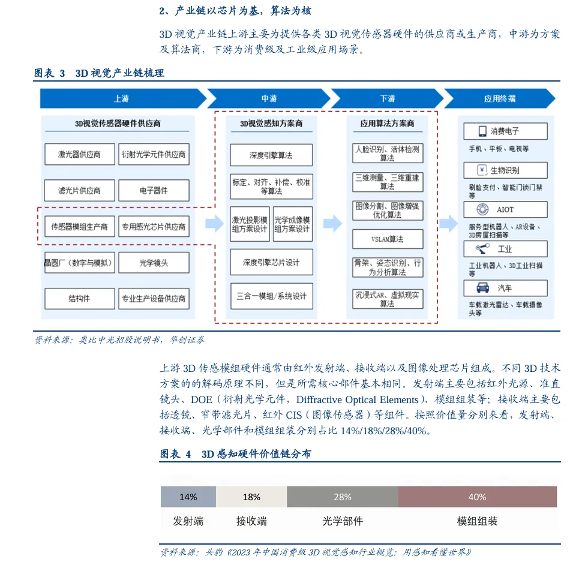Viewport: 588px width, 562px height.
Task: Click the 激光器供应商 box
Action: (79, 154)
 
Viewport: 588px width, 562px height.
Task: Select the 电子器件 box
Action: (154, 191)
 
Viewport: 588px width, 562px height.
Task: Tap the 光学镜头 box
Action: (154, 263)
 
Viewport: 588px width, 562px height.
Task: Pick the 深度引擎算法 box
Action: (271, 155)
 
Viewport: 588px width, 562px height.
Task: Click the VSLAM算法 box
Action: (387, 239)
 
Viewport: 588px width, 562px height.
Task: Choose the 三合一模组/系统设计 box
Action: (271, 296)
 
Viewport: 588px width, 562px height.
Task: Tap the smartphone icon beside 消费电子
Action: (481, 131)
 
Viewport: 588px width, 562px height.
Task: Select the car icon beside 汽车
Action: (481, 288)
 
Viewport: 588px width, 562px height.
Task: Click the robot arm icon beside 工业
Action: (481, 248)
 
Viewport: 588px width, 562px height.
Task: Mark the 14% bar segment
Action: (188, 497)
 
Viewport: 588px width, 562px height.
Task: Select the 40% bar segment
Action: (477, 497)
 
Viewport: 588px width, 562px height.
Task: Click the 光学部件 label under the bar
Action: (343, 521)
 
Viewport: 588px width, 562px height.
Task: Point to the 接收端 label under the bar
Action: (251, 521)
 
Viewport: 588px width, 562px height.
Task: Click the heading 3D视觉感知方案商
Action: (271, 124)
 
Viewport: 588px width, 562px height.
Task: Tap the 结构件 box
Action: (79, 299)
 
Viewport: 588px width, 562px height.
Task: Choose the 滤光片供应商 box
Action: (79, 191)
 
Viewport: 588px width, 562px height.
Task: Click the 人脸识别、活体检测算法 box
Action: (387, 153)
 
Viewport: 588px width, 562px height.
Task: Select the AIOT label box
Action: (505, 209)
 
